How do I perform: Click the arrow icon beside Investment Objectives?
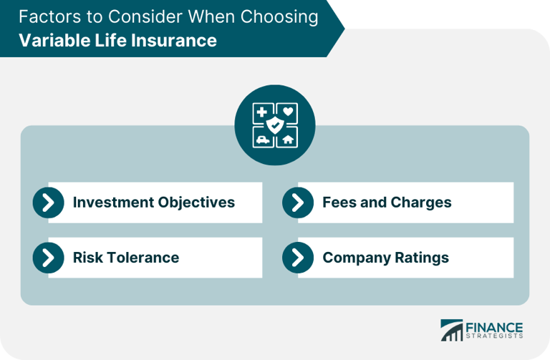click(x=48, y=203)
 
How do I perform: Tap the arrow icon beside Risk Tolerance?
click(x=48, y=258)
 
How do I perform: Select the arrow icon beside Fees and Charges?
click(x=298, y=203)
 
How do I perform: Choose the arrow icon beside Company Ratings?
click(x=298, y=258)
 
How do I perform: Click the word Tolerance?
click(x=143, y=258)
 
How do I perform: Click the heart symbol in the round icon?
click(x=286, y=112)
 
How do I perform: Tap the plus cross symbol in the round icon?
click(x=262, y=112)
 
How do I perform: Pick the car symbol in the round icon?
click(x=263, y=139)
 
